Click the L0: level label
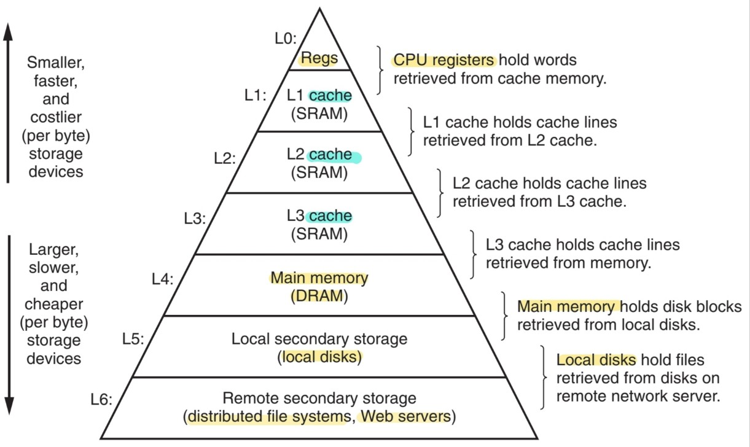click(x=285, y=39)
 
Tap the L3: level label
click(x=195, y=218)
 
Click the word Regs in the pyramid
click(x=318, y=59)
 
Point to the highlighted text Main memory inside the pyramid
click(x=319, y=278)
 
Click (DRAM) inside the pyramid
click(x=319, y=296)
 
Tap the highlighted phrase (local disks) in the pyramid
click(x=319, y=356)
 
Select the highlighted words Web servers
click(x=405, y=416)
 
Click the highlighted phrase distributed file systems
click(x=268, y=416)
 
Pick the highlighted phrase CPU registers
click(x=443, y=60)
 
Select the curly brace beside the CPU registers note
click(x=381, y=70)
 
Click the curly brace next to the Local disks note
click(x=544, y=376)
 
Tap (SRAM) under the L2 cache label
click(x=319, y=173)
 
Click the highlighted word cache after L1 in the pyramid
click(x=330, y=96)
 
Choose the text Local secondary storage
click(x=319, y=338)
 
